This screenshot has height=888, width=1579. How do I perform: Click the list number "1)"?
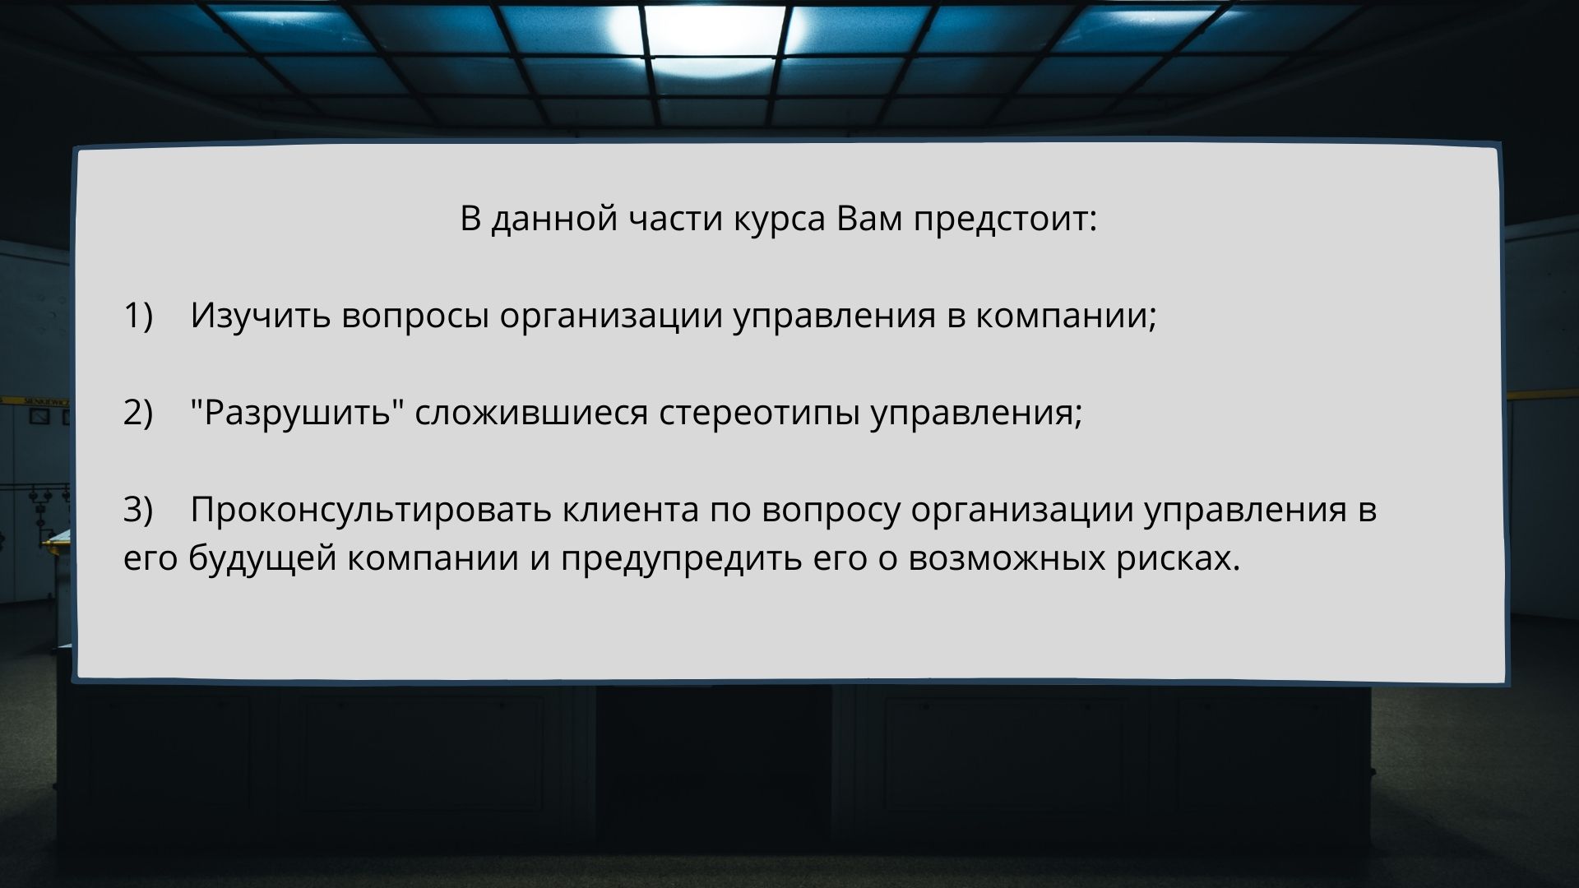(138, 316)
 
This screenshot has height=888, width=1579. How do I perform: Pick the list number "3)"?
(138, 510)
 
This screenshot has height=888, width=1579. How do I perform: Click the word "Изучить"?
(261, 317)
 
